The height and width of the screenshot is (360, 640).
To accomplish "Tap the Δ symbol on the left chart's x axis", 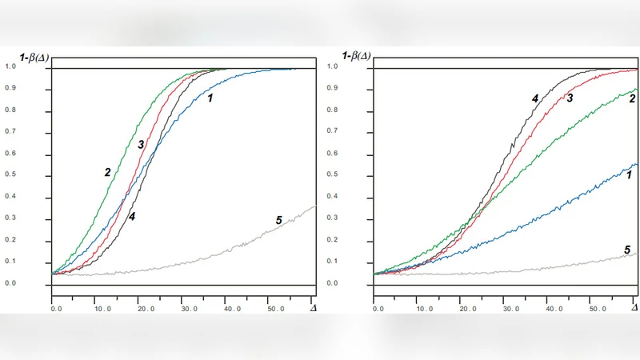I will [x=314, y=307].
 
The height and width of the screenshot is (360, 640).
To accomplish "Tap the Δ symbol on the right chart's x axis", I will [x=634, y=307].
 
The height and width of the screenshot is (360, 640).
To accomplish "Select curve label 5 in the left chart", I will [x=279, y=220].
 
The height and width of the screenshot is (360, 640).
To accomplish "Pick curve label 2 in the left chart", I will [x=106, y=171].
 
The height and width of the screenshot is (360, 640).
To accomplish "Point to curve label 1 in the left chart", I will [x=210, y=98].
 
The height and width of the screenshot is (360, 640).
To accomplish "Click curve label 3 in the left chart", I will [x=140, y=145].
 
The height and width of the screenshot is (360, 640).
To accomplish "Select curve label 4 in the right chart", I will [x=534, y=98].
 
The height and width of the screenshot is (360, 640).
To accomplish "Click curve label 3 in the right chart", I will [x=570, y=98].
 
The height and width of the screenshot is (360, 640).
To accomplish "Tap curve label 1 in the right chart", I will [x=630, y=174].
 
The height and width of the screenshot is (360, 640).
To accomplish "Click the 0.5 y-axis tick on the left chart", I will [x=10, y=175].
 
